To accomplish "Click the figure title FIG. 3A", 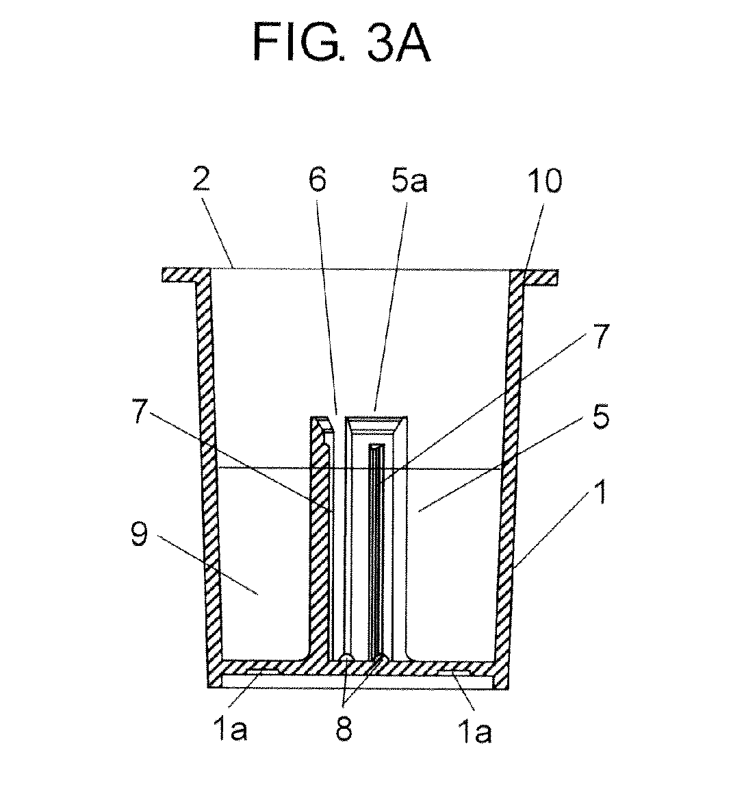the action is click(x=342, y=44).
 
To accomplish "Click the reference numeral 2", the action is click(x=201, y=180).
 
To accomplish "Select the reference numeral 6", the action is click(x=318, y=180).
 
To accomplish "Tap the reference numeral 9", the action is click(x=139, y=534).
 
